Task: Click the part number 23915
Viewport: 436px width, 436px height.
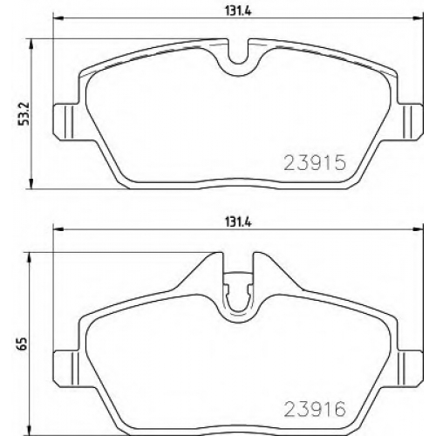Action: (315, 162)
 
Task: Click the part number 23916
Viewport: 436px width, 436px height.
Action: (315, 409)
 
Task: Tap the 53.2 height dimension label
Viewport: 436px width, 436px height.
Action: (24, 113)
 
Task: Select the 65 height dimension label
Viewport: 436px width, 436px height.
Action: (24, 344)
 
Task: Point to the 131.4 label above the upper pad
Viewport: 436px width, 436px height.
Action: (238, 11)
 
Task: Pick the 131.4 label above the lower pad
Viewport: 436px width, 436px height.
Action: (238, 222)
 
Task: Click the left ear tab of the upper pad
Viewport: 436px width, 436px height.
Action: (65, 122)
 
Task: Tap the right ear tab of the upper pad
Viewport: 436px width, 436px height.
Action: (410, 122)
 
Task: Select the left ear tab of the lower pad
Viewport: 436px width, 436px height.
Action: (65, 369)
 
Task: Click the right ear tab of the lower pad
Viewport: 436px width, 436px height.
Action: (410, 369)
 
